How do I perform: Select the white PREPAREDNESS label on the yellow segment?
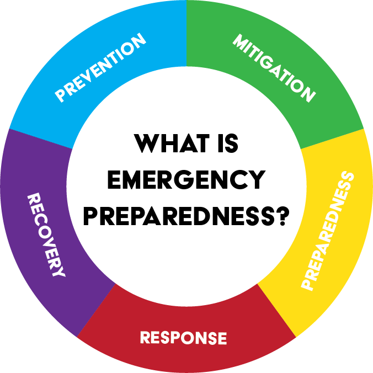[x=327, y=231]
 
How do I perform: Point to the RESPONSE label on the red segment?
[x=183, y=338]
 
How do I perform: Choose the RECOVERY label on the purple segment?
[x=46, y=235]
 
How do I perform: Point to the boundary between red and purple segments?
[x=97, y=310]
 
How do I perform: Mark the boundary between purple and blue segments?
[x=39, y=138]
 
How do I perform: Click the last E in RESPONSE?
[x=221, y=338]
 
